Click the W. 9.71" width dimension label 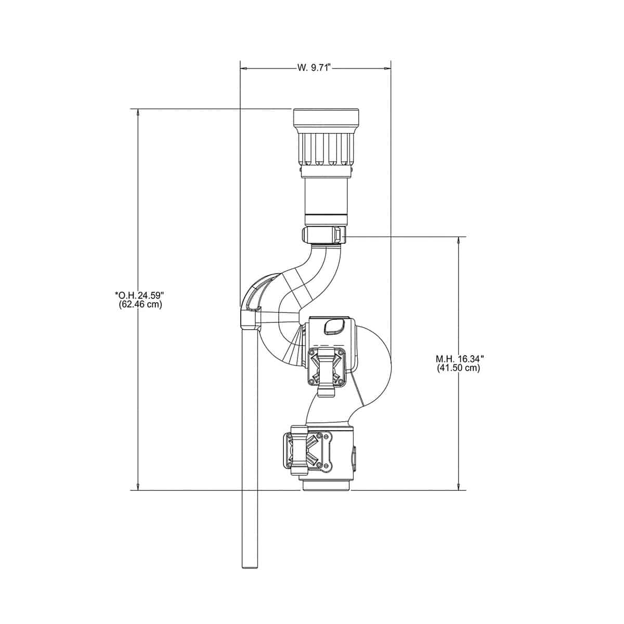tap(314, 68)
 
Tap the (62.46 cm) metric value tap(140, 304)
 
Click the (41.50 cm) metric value tap(459, 368)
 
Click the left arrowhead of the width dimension tap(244, 68)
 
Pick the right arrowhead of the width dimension tap(387, 68)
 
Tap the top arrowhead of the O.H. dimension tap(138, 112)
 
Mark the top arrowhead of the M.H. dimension tap(459, 241)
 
